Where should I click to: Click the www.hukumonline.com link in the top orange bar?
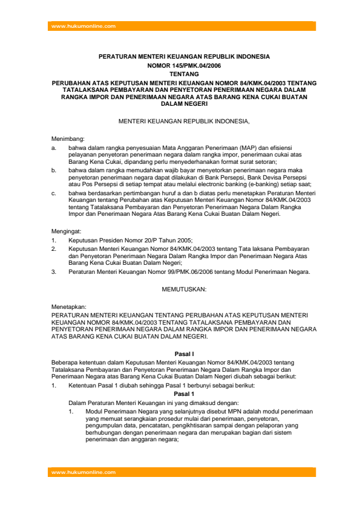83,26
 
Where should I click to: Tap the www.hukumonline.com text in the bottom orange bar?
83,472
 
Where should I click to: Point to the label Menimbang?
68,139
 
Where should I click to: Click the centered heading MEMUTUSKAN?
185,290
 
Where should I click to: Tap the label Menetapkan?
68,306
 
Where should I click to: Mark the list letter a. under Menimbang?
54,148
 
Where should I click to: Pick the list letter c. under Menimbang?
54,193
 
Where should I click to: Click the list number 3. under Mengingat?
54,272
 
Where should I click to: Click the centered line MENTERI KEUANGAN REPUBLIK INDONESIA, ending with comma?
184,122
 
